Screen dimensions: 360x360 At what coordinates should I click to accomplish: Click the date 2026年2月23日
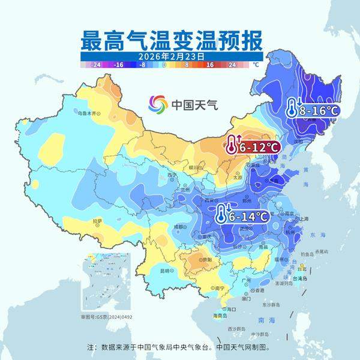click(172, 55)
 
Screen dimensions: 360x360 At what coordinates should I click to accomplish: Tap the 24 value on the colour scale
click(232, 64)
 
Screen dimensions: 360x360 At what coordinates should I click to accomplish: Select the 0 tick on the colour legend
click(164, 64)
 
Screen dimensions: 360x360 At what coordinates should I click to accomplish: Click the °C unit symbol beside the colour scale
click(255, 64)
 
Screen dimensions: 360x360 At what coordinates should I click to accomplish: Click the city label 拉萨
click(97, 221)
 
